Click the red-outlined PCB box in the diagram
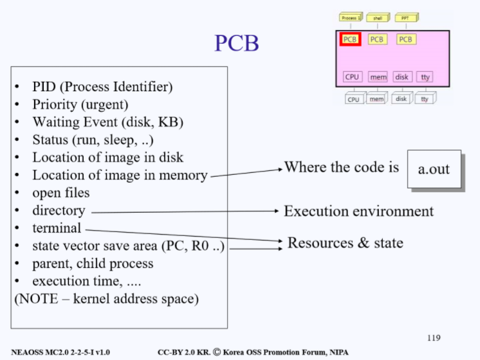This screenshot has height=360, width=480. (350, 39)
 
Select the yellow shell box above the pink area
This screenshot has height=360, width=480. (378, 18)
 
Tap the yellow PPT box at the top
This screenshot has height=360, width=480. (405, 18)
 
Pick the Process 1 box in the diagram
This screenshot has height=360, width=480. (351, 18)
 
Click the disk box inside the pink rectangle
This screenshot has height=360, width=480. (402, 77)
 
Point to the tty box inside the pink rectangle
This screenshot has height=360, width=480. (425, 77)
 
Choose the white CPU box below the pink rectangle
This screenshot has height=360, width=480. (353, 100)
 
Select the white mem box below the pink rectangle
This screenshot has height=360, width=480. (376, 100)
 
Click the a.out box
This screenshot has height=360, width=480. (434, 169)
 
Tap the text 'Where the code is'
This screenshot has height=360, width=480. (342, 167)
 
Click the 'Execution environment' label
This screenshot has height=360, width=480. (358, 211)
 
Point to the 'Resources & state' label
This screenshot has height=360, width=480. (345, 242)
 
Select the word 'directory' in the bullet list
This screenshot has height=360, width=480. (59, 210)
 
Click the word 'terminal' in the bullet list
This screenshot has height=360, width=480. (57, 228)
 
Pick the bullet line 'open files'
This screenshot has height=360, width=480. (61, 192)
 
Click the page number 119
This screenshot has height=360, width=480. (434, 337)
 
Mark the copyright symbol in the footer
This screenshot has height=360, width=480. (217, 352)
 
